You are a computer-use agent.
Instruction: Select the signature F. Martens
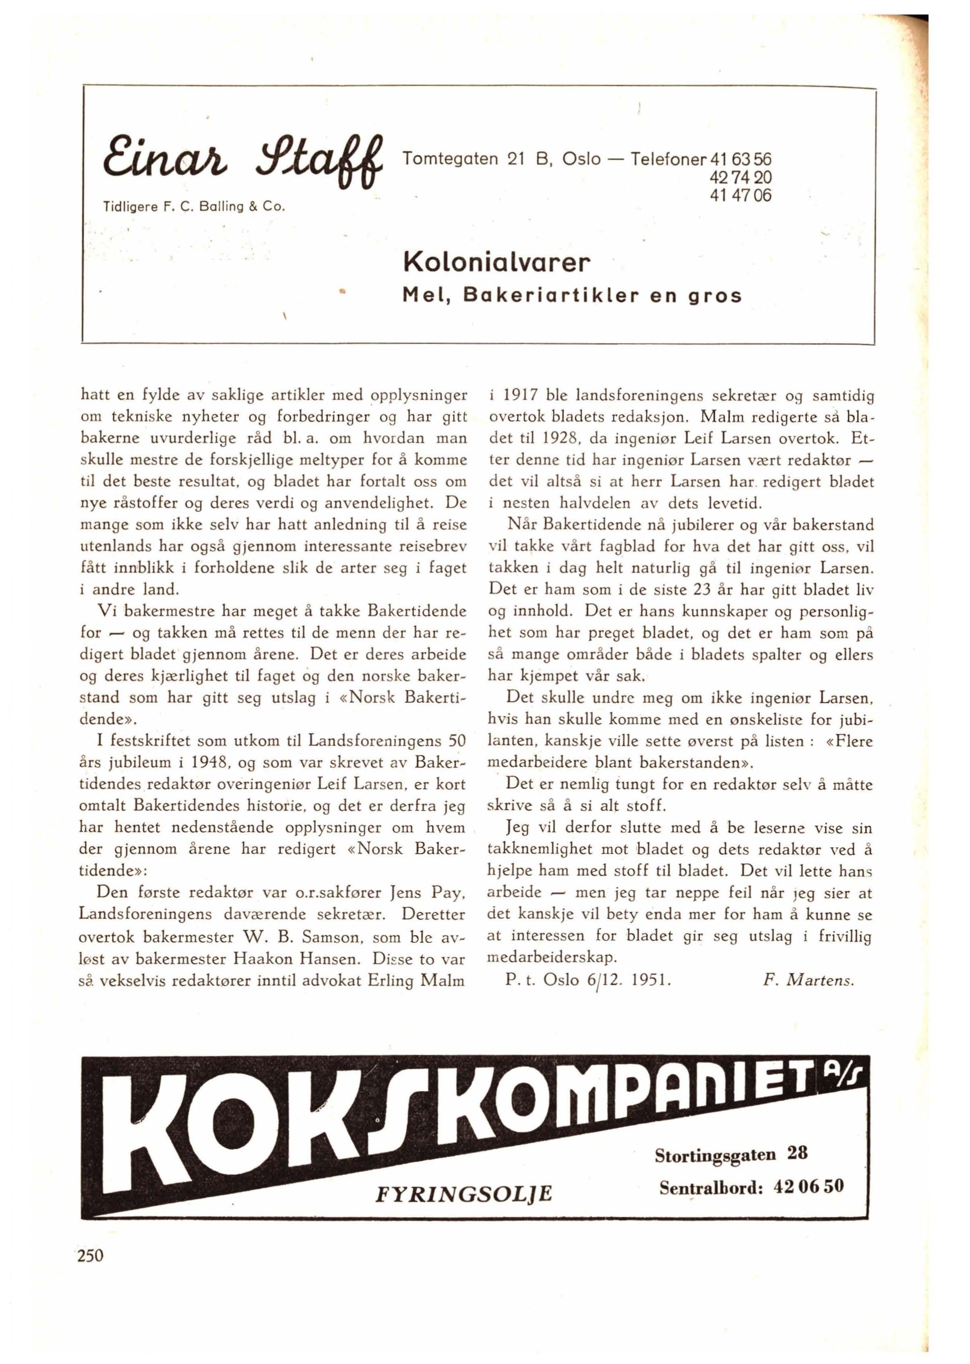click(809, 981)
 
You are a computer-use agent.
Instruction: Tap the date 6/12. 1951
click(612, 981)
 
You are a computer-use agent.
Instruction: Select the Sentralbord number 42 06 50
click(808, 1186)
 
